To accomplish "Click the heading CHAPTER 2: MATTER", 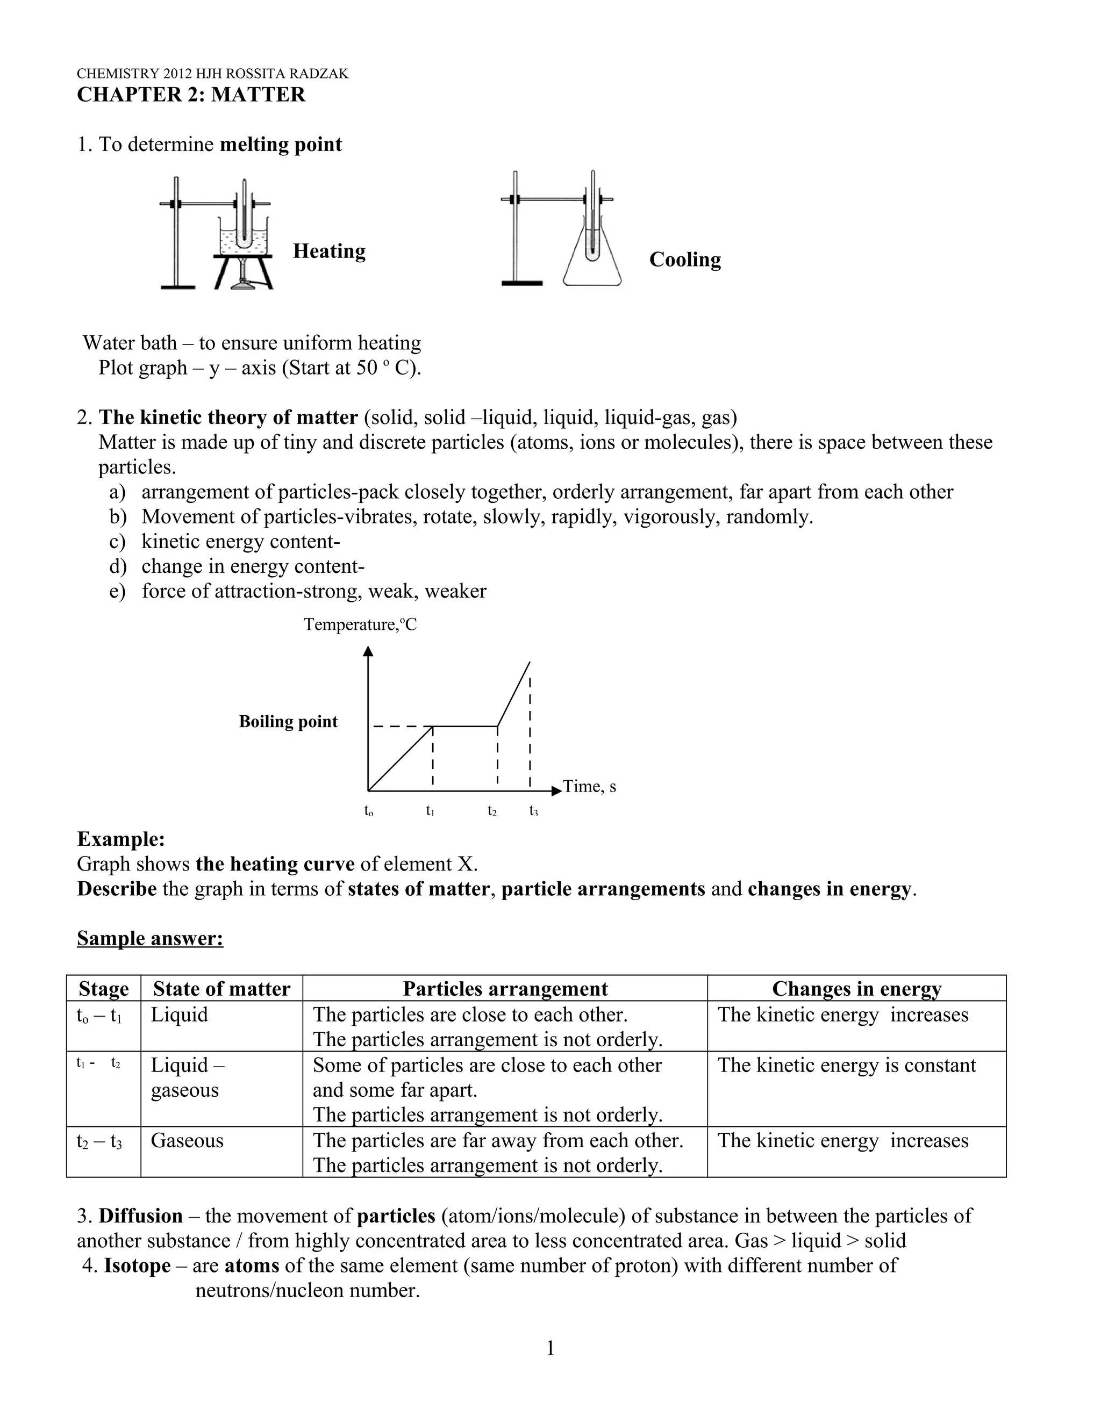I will click(x=190, y=95).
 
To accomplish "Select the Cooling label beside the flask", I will click(x=685, y=260).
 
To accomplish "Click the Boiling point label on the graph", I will click(x=288, y=722).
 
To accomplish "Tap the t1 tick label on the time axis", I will click(x=430, y=810).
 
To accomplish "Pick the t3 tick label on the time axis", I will click(x=533, y=810).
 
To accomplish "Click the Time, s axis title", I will click(x=589, y=786).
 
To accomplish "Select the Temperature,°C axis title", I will click(x=360, y=624).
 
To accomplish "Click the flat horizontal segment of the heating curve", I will click(x=464, y=725).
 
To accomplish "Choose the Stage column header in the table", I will click(x=103, y=988).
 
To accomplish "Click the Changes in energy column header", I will click(x=856, y=988).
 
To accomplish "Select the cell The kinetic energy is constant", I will click(x=847, y=1065).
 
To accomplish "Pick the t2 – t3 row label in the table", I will click(x=99, y=1141).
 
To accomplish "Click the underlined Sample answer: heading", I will click(x=150, y=938).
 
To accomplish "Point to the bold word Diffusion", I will click(x=140, y=1216).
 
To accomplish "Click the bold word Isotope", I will click(x=137, y=1265).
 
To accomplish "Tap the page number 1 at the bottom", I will click(x=550, y=1348).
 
